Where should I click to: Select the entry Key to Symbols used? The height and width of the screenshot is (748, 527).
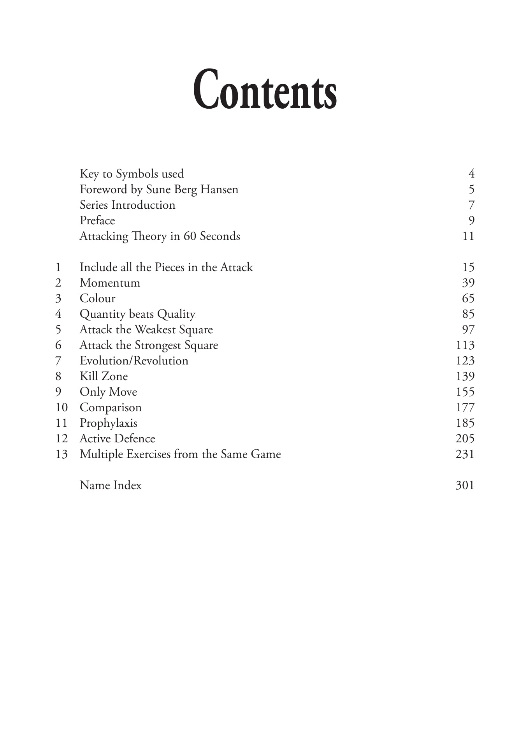[x=132, y=174]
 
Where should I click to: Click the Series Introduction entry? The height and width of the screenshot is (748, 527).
[x=127, y=205]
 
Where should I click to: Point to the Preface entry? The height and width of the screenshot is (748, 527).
[x=97, y=220]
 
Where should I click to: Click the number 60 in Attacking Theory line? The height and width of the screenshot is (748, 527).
[x=190, y=236]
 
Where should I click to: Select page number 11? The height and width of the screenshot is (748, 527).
[x=468, y=236]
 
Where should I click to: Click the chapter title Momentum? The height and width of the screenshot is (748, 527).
[x=110, y=283]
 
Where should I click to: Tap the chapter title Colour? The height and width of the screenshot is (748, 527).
[x=97, y=298]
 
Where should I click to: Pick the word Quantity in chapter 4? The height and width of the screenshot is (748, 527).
[x=102, y=314]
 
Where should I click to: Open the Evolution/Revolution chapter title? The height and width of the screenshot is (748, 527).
[x=134, y=361]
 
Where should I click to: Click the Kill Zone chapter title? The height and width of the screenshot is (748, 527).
[x=104, y=376]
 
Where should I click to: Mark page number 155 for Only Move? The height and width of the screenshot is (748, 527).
[x=465, y=392]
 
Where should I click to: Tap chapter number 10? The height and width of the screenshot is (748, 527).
[x=61, y=407]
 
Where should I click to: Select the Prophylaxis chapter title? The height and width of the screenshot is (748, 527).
[x=108, y=423]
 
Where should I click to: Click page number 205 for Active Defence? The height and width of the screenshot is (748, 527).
[x=465, y=438]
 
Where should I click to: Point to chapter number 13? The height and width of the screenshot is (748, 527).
[x=61, y=454]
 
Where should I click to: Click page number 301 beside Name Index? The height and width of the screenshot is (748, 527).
[x=465, y=485]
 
